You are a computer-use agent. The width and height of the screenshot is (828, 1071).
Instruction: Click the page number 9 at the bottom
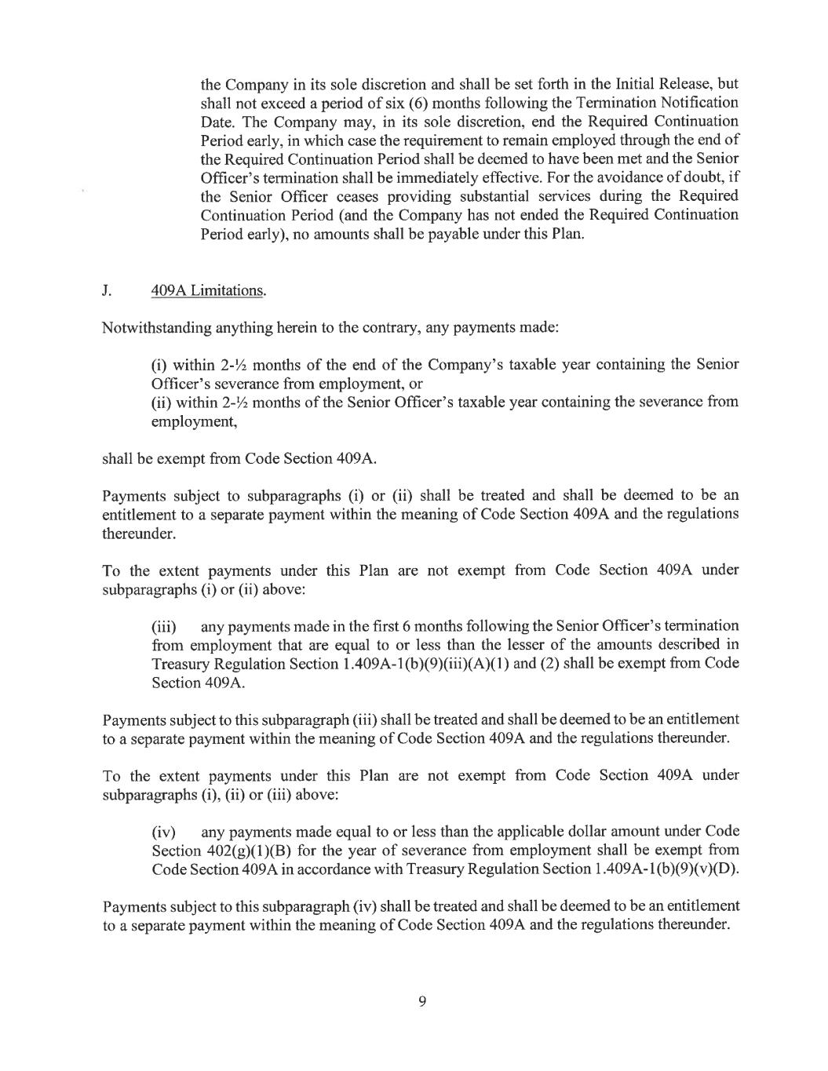tap(421, 1000)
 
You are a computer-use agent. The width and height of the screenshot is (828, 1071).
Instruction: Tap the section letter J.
tap(106, 290)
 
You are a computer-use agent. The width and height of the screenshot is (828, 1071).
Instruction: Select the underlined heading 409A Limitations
tap(208, 290)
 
